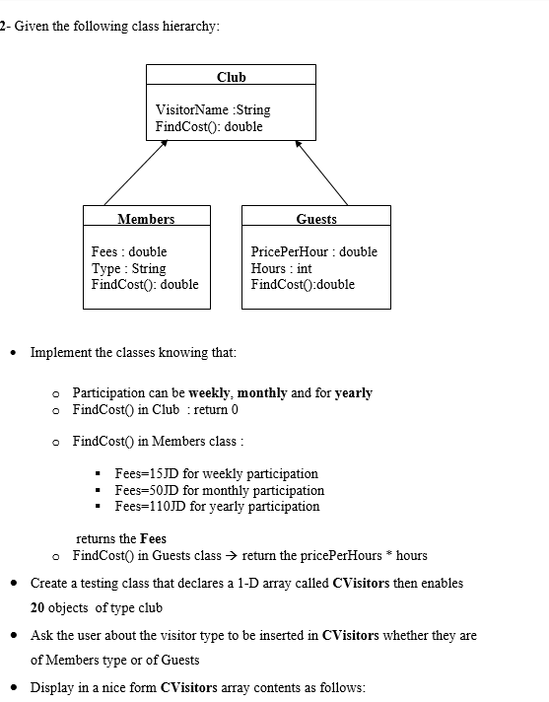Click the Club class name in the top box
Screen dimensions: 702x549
(x=231, y=76)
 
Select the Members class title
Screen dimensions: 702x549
(x=146, y=219)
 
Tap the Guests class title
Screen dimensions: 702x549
(x=315, y=219)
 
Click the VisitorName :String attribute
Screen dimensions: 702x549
(x=213, y=109)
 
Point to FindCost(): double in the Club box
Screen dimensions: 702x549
(x=209, y=126)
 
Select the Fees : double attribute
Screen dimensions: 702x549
(x=129, y=251)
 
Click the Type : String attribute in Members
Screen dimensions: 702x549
(x=129, y=268)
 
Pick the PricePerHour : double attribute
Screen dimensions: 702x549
(x=313, y=251)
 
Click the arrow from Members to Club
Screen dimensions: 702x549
(x=134, y=173)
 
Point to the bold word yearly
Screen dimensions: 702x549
(x=354, y=392)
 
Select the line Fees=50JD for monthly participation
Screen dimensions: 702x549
(x=219, y=490)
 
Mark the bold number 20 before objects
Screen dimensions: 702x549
(x=39, y=607)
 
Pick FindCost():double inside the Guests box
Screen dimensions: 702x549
(x=303, y=285)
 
